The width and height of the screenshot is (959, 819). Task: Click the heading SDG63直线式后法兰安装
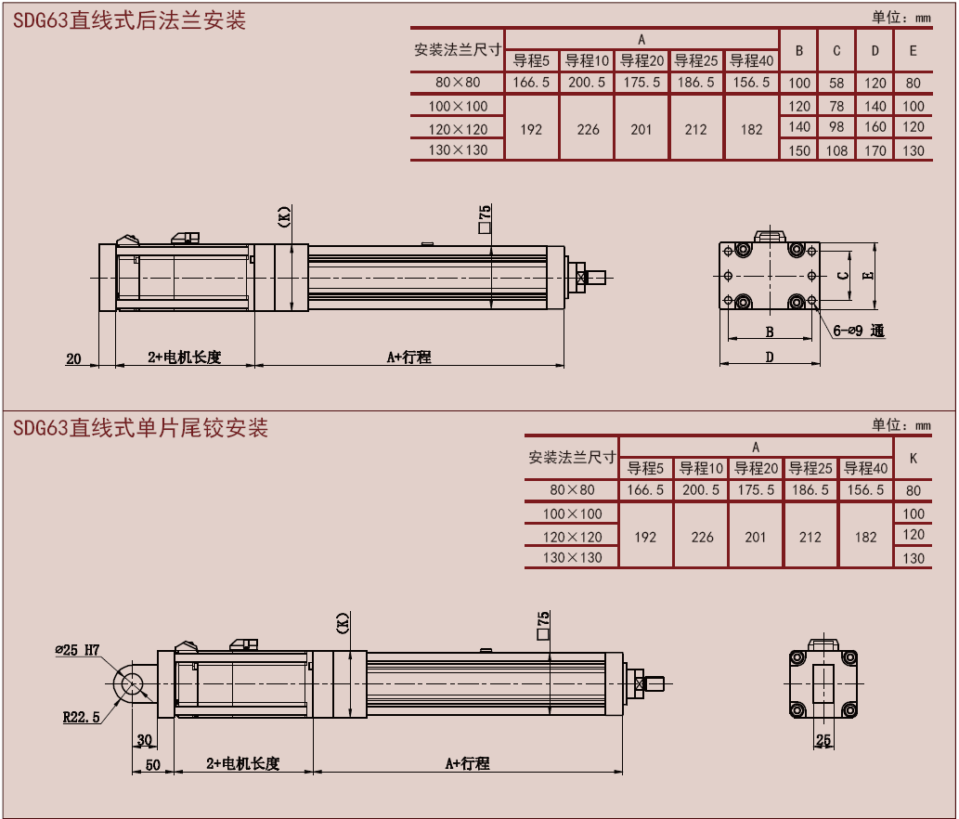pyautogui.click(x=130, y=20)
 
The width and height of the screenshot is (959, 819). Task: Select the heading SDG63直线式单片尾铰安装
pyautogui.click(x=140, y=428)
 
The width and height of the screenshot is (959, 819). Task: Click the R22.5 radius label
pyautogui.click(x=82, y=717)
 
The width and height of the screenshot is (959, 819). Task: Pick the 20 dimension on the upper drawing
pyautogui.click(x=74, y=358)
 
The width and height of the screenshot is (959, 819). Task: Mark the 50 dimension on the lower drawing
pyautogui.click(x=153, y=764)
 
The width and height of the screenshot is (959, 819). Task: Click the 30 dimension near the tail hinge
pyautogui.click(x=144, y=740)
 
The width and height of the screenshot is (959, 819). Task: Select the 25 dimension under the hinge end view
pyautogui.click(x=823, y=740)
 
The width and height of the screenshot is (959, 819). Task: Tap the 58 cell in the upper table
pyautogui.click(x=836, y=83)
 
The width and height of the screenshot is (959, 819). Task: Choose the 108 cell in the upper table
pyautogui.click(x=836, y=150)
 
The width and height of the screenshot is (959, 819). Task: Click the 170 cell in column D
pyautogui.click(x=875, y=150)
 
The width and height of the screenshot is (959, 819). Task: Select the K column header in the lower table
pyautogui.click(x=914, y=458)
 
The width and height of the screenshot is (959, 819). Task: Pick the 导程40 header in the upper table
pyautogui.click(x=751, y=61)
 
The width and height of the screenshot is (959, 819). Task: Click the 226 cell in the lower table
pyautogui.click(x=702, y=537)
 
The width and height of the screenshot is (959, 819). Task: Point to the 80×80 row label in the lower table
pyautogui.click(x=572, y=490)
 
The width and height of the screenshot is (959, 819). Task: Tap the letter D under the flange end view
pyautogui.click(x=770, y=357)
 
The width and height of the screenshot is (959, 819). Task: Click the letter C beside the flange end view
pyautogui.click(x=841, y=276)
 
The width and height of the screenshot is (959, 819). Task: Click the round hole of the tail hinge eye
pyautogui.click(x=132, y=682)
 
